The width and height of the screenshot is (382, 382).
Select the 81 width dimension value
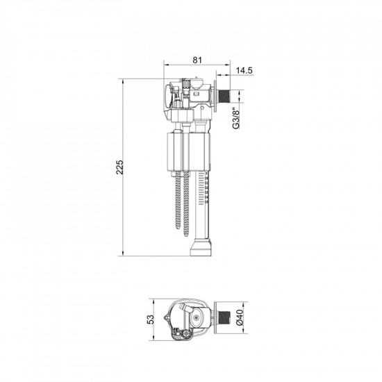(197, 60)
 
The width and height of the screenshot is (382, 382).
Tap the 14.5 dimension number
(244, 70)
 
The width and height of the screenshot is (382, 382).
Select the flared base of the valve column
(199, 248)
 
